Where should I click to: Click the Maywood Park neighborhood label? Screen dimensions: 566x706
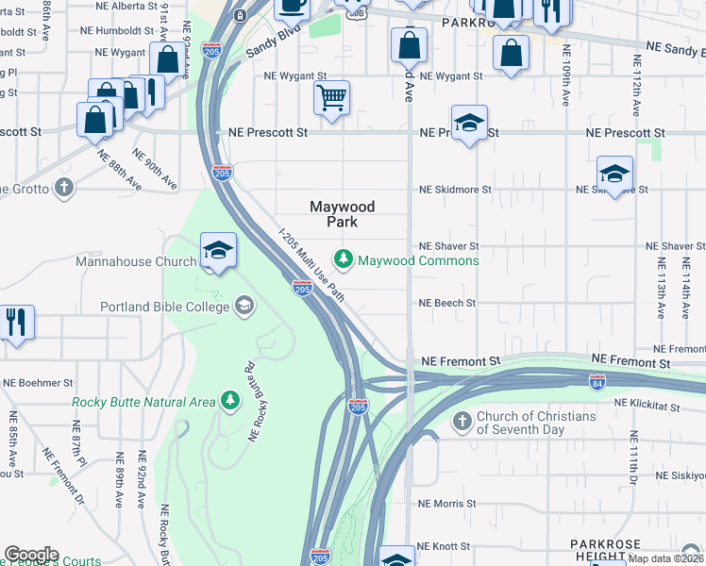click(x=343, y=214)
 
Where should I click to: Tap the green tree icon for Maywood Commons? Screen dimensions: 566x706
click(x=345, y=258)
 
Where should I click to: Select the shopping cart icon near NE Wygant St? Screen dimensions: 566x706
click(x=331, y=97)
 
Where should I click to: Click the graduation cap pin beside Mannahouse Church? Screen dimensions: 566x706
click(x=218, y=251)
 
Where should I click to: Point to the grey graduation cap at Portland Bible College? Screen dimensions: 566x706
click(x=244, y=305)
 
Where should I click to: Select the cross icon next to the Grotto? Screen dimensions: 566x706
click(x=64, y=187)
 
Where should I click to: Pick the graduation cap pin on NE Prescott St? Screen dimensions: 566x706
click(x=468, y=124)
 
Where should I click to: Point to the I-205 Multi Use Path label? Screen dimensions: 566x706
click(x=311, y=263)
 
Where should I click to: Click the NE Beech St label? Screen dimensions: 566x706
click(x=447, y=304)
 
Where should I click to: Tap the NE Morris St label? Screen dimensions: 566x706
click(x=447, y=504)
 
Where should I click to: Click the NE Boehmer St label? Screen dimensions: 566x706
click(x=38, y=383)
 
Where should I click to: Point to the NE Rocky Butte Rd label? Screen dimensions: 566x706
click(x=252, y=400)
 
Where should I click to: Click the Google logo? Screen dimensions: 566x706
click(x=31, y=555)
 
